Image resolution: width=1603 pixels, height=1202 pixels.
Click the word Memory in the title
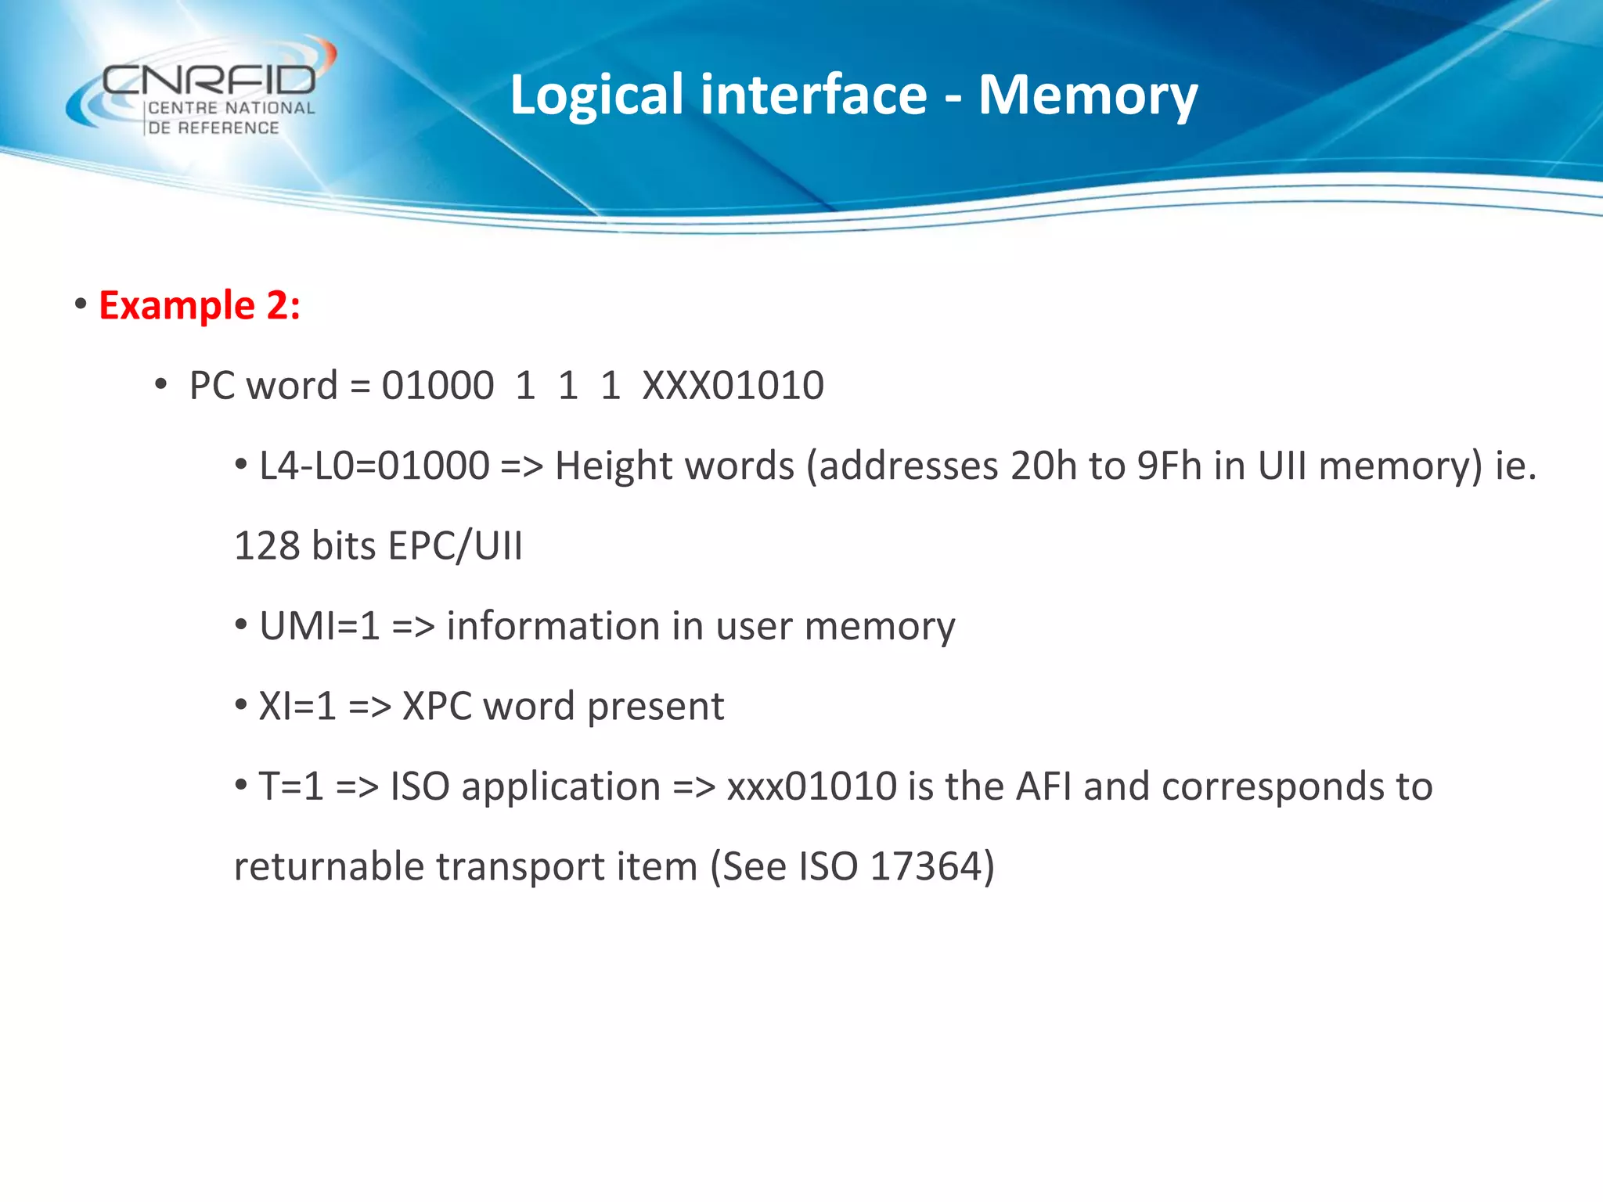(1087, 95)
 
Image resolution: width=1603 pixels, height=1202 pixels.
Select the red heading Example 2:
(200, 305)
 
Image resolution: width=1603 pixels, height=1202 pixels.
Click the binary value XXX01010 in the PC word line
(733, 386)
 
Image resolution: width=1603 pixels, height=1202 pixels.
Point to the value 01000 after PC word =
(438, 386)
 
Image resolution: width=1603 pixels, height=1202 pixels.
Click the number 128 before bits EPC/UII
(267, 546)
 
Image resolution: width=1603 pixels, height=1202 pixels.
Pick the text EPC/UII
(455, 546)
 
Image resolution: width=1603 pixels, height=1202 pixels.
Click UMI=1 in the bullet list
(319, 627)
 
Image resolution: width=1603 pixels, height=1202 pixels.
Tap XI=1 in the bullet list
(297, 707)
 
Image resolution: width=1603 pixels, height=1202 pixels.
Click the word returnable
(329, 867)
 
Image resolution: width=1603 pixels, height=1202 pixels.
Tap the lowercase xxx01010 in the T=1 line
(812, 786)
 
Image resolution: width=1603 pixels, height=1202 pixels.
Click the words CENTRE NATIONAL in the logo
(231, 109)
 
